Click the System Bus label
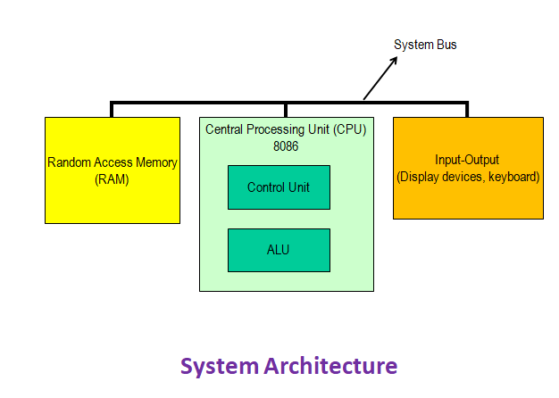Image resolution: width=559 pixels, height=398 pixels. pyautogui.click(x=425, y=45)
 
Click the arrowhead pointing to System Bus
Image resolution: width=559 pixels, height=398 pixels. pyautogui.click(x=395, y=61)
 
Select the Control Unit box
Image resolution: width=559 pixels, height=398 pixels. pyautogui.click(x=279, y=187)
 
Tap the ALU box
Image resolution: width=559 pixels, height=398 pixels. pyautogui.click(x=279, y=250)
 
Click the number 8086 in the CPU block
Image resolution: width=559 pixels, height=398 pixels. pyautogui.click(x=286, y=145)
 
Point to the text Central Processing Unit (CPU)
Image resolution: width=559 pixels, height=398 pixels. pyautogui.click(x=286, y=130)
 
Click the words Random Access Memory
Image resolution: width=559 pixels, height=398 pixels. pyautogui.click(x=112, y=162)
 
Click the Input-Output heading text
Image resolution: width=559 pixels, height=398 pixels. pyautogui.click(x=468, y=161)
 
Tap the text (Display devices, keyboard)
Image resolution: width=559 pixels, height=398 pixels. pyautogui.click(x=468, y=177)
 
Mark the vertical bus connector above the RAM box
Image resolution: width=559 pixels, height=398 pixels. pyautogui.click(x=112, y=110)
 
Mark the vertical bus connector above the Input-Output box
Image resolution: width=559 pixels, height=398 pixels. pyautogui.click(x=467, y=110)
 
